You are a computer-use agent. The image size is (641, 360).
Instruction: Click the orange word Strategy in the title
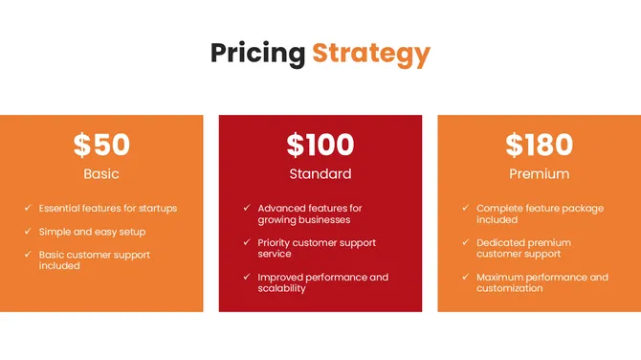coord(371,53)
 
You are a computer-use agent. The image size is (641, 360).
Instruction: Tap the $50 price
coord(101,145)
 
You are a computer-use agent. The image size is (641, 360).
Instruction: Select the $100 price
coord(320,145)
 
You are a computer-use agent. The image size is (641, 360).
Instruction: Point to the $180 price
coord(540,145)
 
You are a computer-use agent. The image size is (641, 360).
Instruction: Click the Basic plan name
coord(101,174)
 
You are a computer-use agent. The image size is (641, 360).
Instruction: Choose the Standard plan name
coord(320,174)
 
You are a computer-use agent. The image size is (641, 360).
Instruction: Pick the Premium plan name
coord(540,174)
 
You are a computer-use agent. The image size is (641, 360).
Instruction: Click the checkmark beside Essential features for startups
coord(27,208)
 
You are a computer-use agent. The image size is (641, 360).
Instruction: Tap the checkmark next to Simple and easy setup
coord(27,231)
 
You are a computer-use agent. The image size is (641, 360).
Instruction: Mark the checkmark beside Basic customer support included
coord(27,254)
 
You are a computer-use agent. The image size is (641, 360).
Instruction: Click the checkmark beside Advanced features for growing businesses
coord(246,208)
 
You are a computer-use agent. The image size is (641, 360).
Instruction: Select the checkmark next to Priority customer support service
coord(246,242)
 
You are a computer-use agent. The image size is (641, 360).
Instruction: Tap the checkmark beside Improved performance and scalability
coord(246,277)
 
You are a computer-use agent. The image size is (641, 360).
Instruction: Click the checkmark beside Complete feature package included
coord(465,208)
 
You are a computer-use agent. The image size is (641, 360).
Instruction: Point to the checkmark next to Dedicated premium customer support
coord(465,242)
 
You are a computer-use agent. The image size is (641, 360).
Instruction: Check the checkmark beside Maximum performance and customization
coord(465,277)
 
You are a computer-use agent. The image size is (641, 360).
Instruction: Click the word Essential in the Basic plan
coord(61,208)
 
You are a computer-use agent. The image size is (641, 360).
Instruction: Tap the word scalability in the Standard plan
coord(281,288)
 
